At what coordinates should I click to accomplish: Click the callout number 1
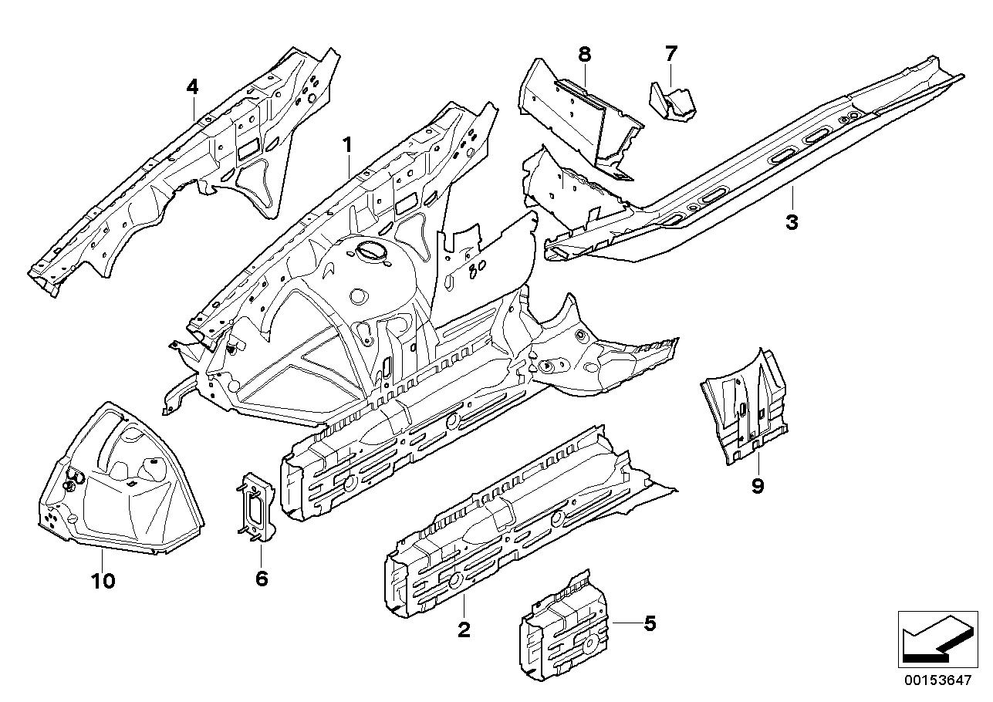coord(347,144)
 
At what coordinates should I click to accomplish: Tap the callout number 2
coord(463,630)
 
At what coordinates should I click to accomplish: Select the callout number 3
coord(792,223)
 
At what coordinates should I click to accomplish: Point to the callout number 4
coord(192,87)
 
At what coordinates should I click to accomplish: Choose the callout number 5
coord(650,623)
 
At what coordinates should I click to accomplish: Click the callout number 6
coord(262,578)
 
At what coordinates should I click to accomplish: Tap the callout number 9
coord(757,485)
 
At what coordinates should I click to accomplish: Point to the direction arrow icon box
coord(934,639)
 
